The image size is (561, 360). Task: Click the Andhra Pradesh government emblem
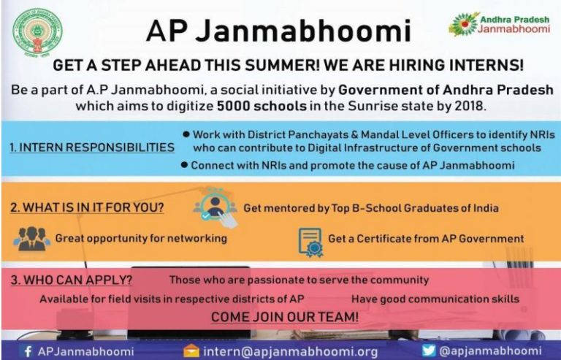coord(37,29)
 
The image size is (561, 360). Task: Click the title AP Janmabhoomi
coord(278,31)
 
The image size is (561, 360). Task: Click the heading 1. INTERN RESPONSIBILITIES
coord(92,148)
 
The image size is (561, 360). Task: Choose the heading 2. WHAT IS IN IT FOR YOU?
coord(87,207)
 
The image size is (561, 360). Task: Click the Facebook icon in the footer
coord(28,351)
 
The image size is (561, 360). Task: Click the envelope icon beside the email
coord(191,351)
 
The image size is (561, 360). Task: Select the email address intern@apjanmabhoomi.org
coord(290,351)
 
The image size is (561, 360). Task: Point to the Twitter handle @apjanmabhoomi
coord(494,351)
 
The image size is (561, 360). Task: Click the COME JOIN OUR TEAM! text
coord(284,317)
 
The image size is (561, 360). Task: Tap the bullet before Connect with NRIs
coord(186,165)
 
